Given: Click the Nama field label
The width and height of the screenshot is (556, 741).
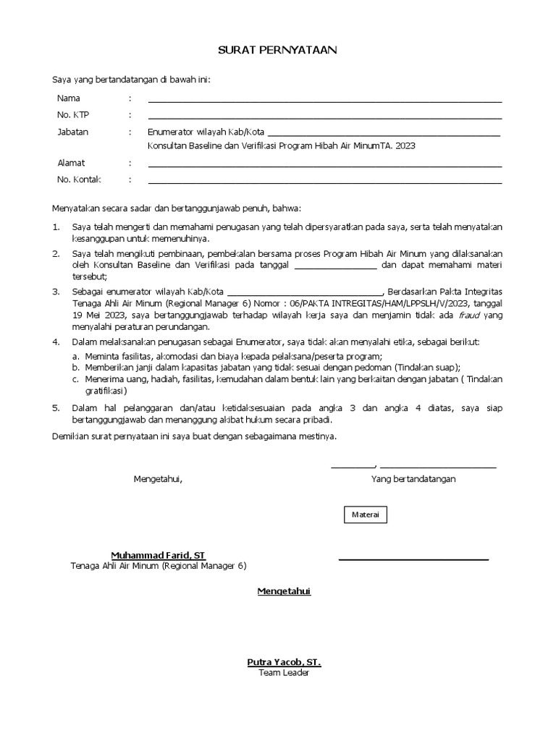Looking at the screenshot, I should (69, 98).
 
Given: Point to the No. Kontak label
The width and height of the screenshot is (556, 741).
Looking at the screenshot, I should (79, 179).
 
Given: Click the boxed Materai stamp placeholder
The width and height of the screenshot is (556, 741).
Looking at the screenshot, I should (365, 515).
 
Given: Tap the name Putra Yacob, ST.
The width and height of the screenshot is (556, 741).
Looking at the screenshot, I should (284, 662).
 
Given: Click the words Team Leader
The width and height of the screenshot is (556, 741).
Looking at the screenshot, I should (284, 673).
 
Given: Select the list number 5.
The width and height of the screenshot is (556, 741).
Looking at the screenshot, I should (56, 408).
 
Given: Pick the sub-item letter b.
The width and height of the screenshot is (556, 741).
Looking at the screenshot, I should (75, 367).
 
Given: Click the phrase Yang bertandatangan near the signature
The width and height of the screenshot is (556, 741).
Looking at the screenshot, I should (413, 479).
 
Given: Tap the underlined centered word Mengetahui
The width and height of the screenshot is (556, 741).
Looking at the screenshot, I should (284, 591).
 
